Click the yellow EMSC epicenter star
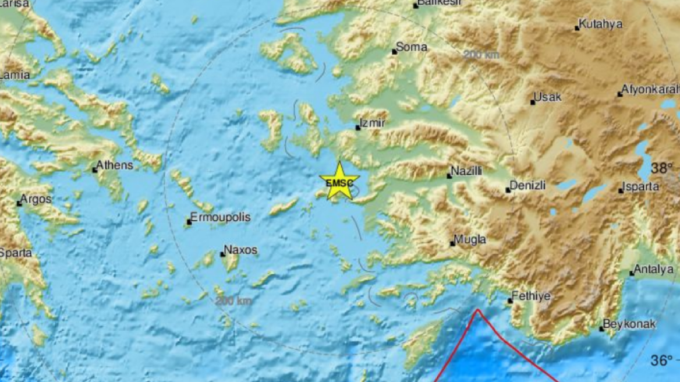[339, 182]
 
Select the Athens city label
[115, 165]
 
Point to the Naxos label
[241, 250]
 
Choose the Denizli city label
[528, 186]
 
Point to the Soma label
[412, 47]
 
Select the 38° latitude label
[662, 168]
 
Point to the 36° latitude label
[662, 360]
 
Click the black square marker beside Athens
[94, 170]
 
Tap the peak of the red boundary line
[478, 310]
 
